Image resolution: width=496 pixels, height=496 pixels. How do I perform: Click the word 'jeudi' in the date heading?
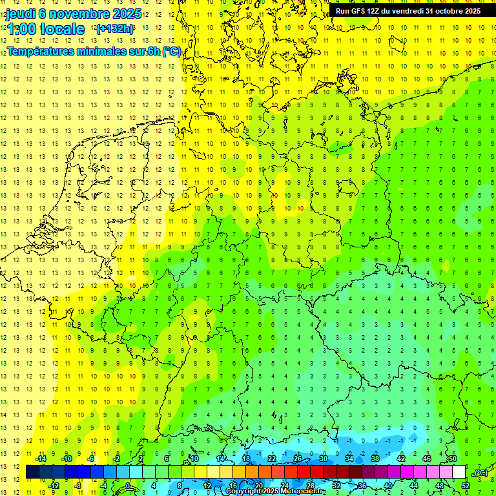point(21,14)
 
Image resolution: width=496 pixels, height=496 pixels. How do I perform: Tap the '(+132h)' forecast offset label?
point(115,28)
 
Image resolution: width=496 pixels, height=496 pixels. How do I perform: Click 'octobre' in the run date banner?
point(446,11)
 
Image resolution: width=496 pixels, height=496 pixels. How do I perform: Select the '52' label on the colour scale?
point(466,486)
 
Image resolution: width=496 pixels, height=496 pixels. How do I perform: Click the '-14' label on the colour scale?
point(40,459)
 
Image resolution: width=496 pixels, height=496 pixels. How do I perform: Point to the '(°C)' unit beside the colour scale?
point(480,473)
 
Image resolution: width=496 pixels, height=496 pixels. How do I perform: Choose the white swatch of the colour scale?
point(459,472)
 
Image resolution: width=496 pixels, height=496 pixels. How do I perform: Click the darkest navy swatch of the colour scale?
point(32,472)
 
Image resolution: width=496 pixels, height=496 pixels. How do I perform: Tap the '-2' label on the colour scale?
point(117,459)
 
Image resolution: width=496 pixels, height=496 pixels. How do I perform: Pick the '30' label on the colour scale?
point(324,459)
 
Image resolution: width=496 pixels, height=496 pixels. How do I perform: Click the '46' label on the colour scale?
point(427,459)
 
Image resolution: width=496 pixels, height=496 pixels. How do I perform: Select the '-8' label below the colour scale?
point(78,486)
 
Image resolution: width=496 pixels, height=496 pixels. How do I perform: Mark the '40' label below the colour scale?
point(388,486)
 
